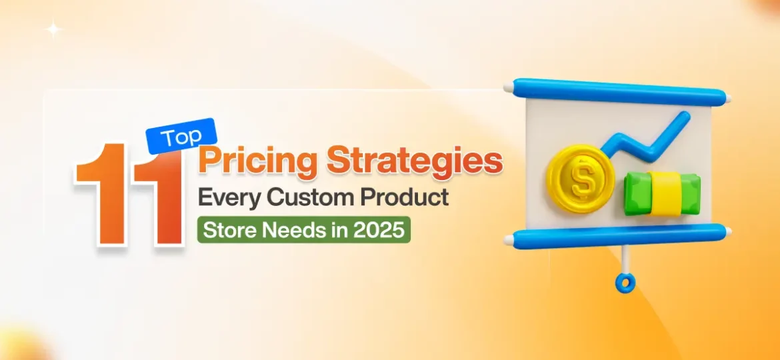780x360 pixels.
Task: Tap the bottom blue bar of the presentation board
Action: click(617, 235)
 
